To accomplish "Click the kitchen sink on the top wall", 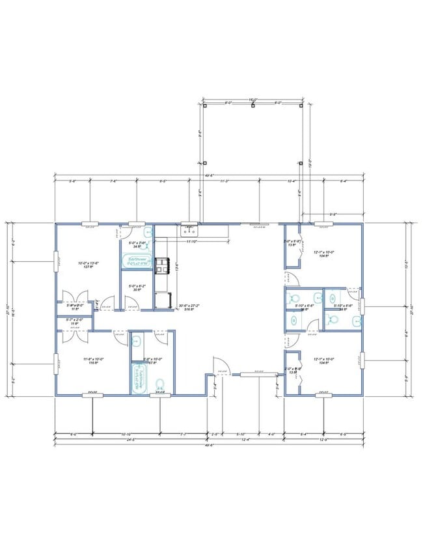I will point(190,230).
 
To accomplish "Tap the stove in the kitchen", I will point(161,264).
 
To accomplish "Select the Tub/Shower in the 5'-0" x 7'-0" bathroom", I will point(137,261).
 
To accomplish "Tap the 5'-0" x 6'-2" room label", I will point(137,288).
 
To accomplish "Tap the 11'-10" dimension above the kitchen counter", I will point(191,242).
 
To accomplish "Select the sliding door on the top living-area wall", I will point(259,224).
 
